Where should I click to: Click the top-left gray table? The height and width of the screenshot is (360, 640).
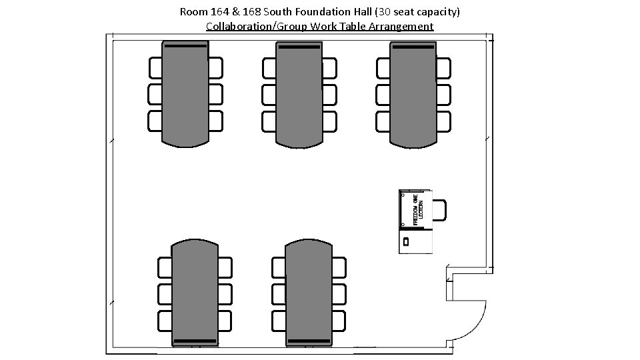(x=185, y=93)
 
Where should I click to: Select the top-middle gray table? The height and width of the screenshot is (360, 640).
(x=299, y=93)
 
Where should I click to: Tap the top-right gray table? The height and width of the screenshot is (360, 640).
(x=413, y=93)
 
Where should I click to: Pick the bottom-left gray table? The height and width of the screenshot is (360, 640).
(x=195, y=293)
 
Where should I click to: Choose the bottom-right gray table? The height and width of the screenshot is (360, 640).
(x=309, y=293)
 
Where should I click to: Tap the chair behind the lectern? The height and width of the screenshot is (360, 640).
(x=439, y=209)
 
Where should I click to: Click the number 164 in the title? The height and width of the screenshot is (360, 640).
(x=219, y=12)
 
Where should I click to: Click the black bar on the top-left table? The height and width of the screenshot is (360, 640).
(x=185, y=46)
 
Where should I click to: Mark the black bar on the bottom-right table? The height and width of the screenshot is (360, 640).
(x=309, y=341)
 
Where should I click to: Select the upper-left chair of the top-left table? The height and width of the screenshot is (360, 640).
(x=155, y=67)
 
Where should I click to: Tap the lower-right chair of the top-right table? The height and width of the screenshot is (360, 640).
(x=443, y=121)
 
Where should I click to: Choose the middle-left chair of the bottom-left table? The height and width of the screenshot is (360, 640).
(x=165, y=293)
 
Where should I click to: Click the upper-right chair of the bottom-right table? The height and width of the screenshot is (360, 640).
(x=339, y=267)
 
